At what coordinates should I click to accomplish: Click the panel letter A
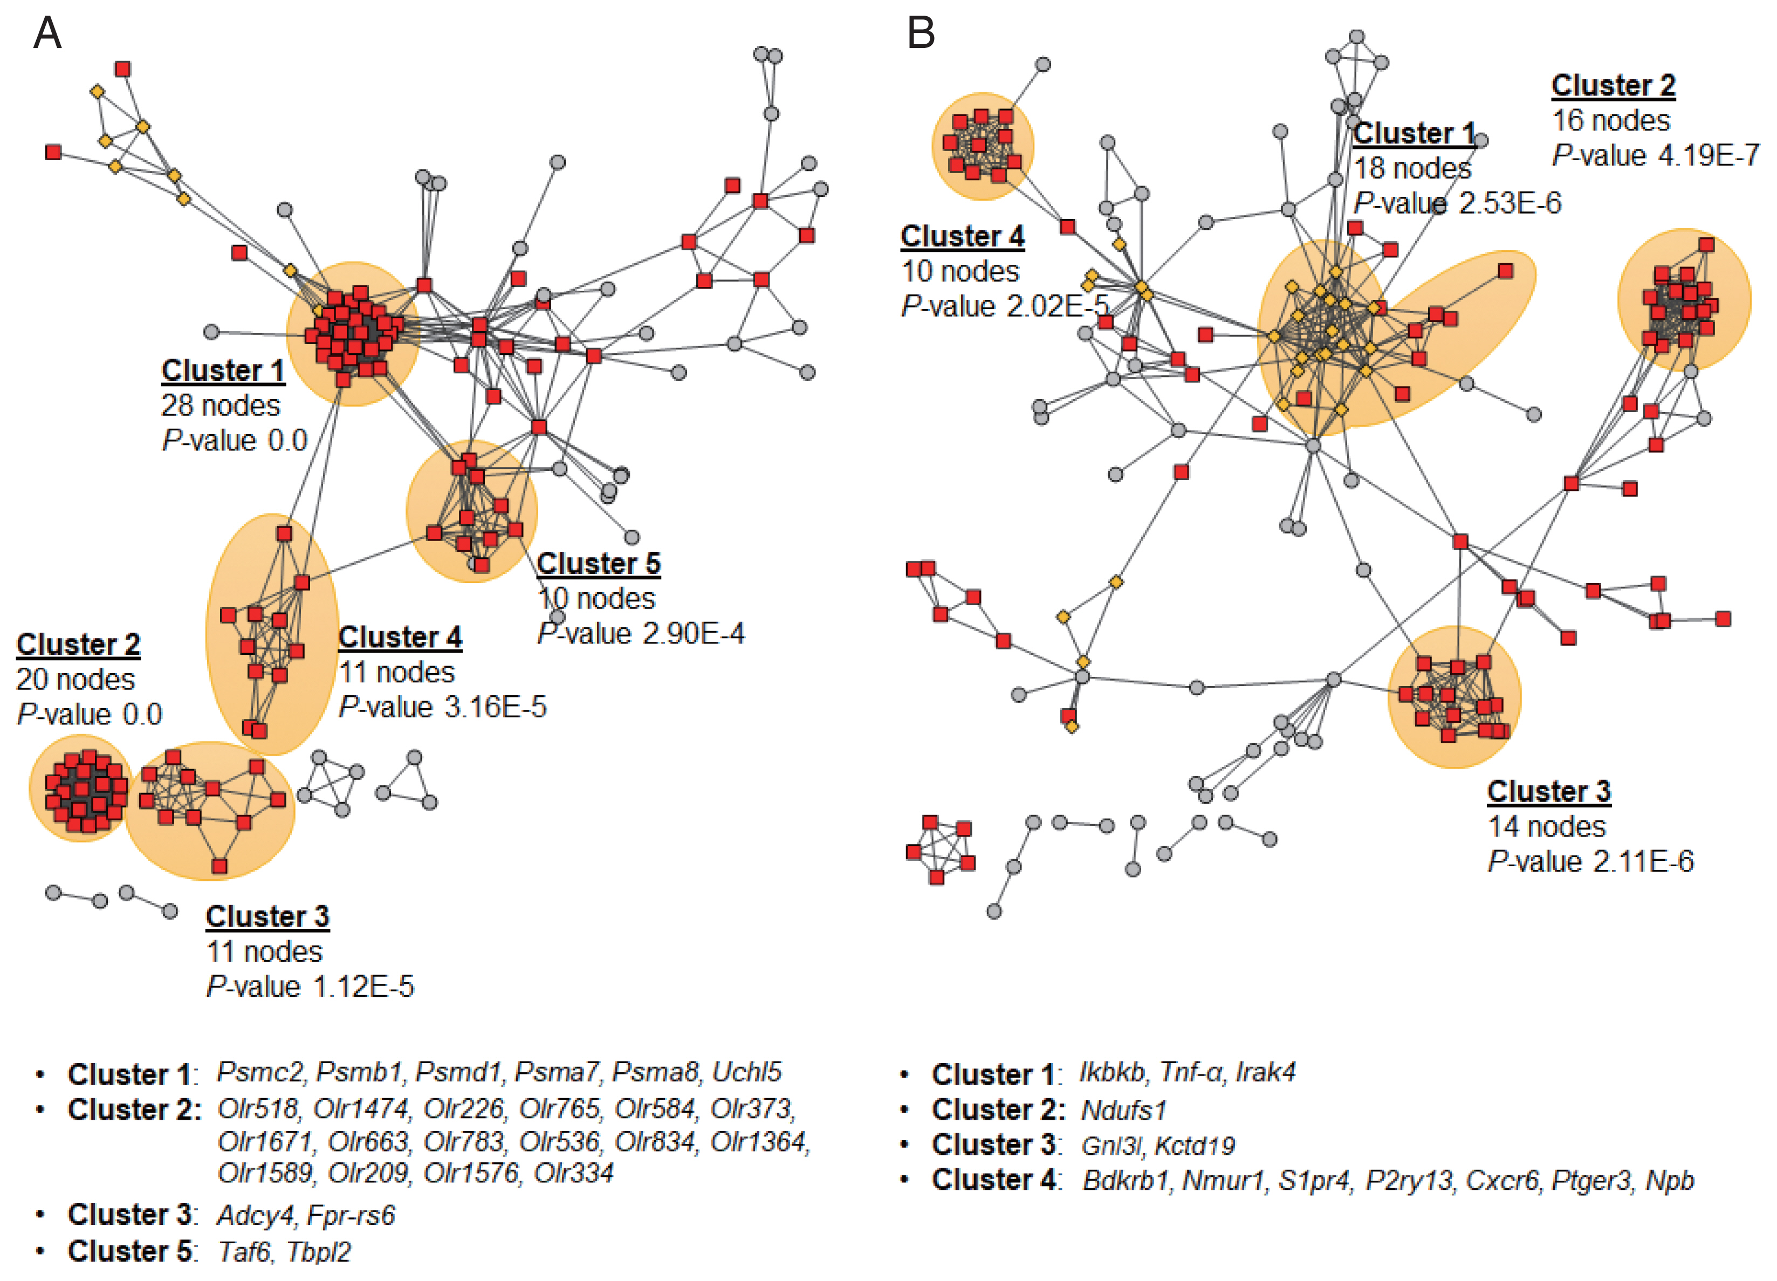click(47, 33)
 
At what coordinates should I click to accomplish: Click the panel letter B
click(921, 33)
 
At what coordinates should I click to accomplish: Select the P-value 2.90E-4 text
click(641, 634)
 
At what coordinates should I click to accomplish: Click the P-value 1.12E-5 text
click(310, 987)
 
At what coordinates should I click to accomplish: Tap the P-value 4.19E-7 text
click(1656, 155)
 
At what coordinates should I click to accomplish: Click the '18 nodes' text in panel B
click(1412, 168)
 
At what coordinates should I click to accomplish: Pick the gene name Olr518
click(258, 1108)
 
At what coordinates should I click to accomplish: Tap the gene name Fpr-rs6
click(351, 1215)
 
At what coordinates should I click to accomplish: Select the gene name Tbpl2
click(318, 1252)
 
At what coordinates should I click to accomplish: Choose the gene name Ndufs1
click(1123, 1110)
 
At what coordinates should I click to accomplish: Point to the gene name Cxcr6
click(1502, 1181)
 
